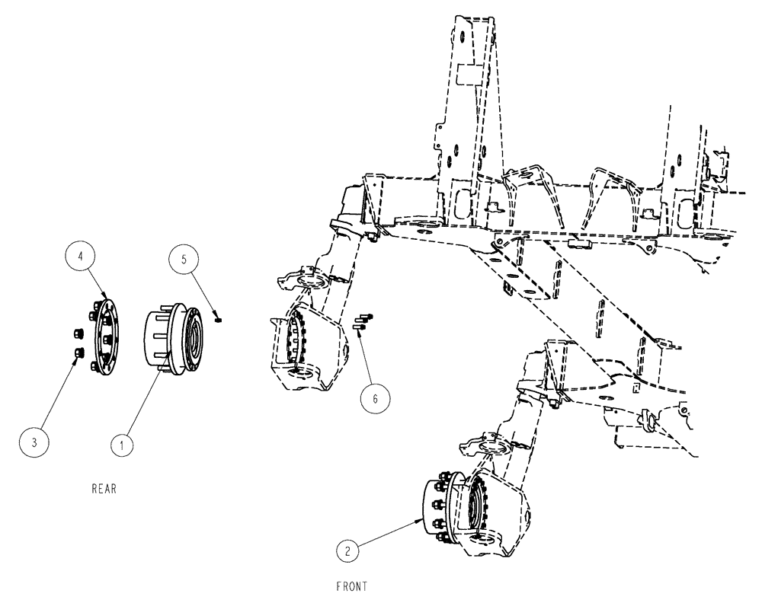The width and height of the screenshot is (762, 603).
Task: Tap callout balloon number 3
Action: click(x=35, y=440)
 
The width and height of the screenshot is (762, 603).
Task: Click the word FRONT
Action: click(x=351, y=586)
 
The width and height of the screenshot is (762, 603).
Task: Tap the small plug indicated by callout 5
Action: click(x=217, y=319)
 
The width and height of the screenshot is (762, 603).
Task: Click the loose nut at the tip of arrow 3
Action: click(x=78, y=352)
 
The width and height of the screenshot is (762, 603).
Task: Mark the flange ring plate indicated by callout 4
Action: click(x=107, y=333)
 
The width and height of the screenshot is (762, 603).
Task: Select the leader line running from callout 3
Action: click(x=57, y=394)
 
